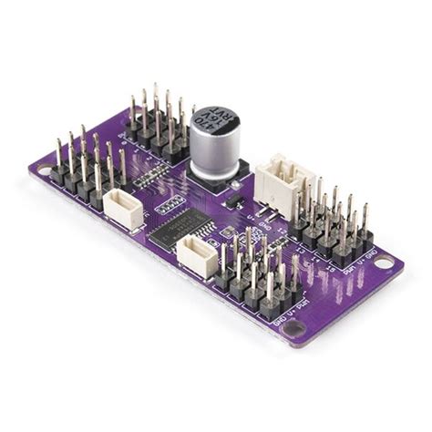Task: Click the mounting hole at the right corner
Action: pyautogui.click(x=384, y=263)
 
